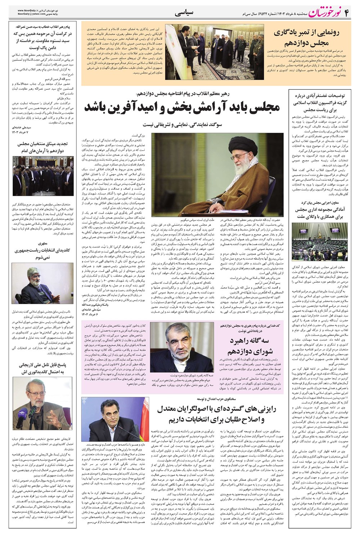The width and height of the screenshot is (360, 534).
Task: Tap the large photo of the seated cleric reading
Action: [x=217, y=174]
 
